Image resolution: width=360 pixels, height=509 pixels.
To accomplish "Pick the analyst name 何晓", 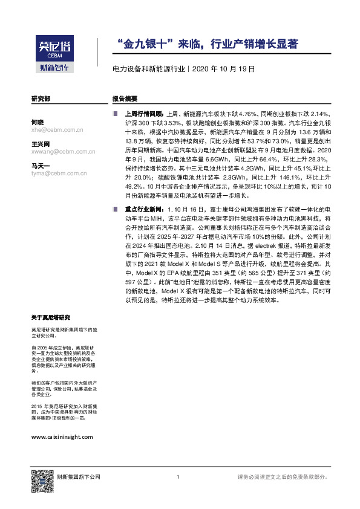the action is pos(38,122).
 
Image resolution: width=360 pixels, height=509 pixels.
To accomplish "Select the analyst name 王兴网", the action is pos(41,144).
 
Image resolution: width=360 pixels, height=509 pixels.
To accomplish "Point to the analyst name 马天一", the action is pos(41,165).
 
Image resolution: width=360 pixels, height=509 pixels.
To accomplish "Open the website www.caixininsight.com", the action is pos(62,437).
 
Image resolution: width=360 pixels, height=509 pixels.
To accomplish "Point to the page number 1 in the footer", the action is pos(178,478).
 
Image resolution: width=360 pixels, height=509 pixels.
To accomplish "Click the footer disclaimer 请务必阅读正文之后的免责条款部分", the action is pos(283,478).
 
